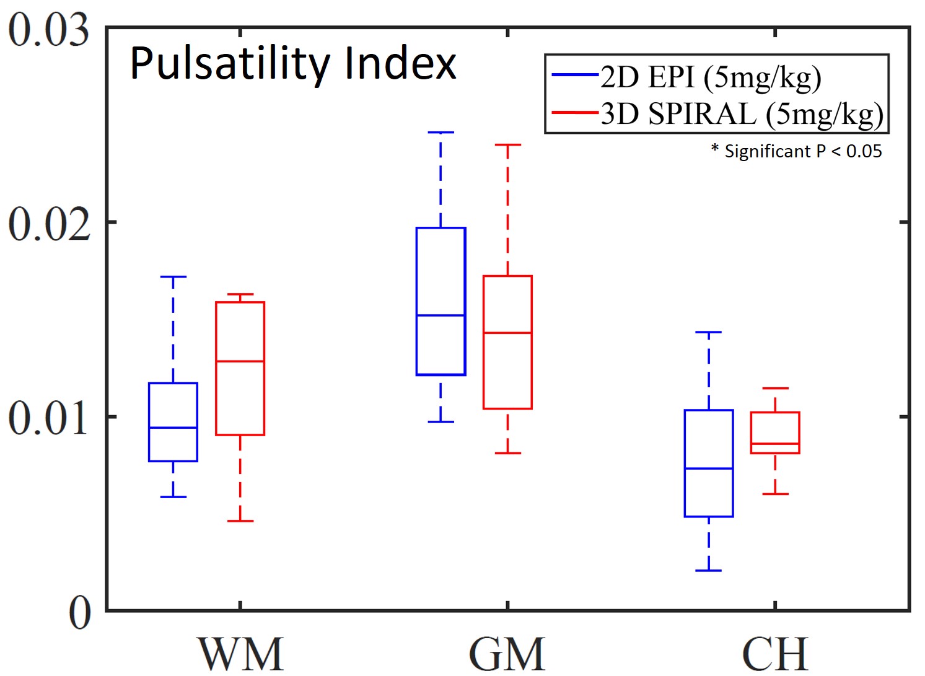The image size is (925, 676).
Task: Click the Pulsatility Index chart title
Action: click(x=292, y=64)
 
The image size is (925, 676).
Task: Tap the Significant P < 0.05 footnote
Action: click(x=796, y=151)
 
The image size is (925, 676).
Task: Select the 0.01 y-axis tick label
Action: click(x=48, y=418)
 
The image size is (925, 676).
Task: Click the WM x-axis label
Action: click(x=240, y=653)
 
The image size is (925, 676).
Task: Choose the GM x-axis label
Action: click(x=507, y=653)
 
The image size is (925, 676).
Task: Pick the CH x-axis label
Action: click(x=774, y=653)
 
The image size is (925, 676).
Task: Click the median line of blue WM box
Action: click(x=173, y=428)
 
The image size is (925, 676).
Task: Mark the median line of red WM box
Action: click(x=240, y=361)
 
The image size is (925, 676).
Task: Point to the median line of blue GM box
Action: click(x=441, y=315)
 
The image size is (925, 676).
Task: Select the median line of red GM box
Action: click(x=507, y=333)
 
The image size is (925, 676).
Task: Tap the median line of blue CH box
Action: click(x=709, y=468)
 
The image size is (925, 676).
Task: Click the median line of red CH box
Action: click(x=775, y=444)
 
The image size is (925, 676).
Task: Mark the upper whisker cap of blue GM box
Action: click(x=441, y=132)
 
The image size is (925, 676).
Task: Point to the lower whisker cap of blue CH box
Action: click(x=709, y=570)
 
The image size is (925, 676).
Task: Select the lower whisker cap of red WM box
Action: click(x=240, y=520)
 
